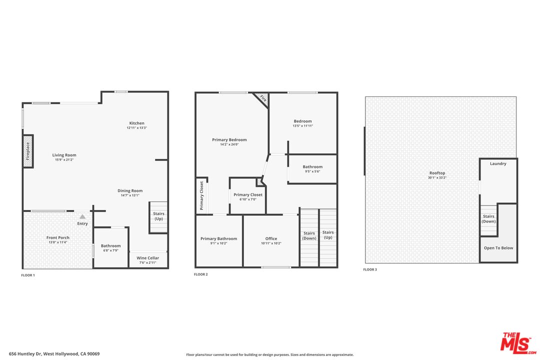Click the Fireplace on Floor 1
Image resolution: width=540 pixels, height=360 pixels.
[28, 151]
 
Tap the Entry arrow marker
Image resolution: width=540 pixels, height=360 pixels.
[82, 217]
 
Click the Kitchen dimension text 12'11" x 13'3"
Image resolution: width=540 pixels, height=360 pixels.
[136, 128]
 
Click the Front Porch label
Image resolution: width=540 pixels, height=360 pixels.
[58, 237]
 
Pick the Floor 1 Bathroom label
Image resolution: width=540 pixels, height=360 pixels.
[110, 245]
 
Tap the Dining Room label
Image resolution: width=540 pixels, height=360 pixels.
[130, 190]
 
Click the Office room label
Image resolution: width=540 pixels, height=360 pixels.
[271, 238]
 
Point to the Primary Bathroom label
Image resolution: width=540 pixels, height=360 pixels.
[218, 238]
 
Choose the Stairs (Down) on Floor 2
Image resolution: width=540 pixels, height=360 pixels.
[309, 236]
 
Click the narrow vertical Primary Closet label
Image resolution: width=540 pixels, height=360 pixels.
[202, 196]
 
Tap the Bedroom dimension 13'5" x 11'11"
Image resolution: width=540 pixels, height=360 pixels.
[302, 126]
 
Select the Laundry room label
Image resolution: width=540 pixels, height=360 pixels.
[498, 163]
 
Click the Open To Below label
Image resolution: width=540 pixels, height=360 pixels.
[498, 248]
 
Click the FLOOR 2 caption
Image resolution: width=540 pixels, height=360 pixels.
[200, 274]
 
